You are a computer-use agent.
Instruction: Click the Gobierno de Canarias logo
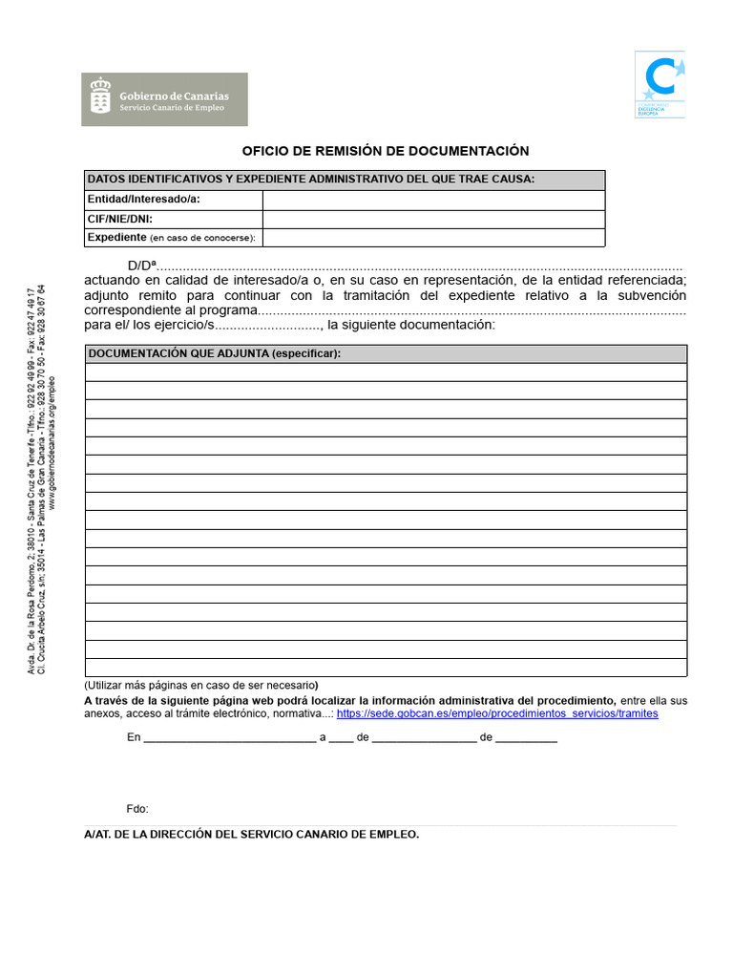[x=165, y=99]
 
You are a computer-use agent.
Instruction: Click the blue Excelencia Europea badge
[x=660, y=84]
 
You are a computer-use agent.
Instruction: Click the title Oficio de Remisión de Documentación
[x=385, y=151]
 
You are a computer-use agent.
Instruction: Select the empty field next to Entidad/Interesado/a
[x=433, y=200]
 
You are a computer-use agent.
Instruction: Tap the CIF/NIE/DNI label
[x=119, y=219]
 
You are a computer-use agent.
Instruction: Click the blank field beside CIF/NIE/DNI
[x=433, y=219]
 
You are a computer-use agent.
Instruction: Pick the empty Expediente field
[x=433, y=237]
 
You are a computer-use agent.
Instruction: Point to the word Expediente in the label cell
[x=116, y=237]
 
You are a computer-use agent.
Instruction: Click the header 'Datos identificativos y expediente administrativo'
[x=311, y=180]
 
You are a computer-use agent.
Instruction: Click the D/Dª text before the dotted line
[x=141, y=266]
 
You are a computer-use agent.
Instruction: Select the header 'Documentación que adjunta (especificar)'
[x=215, y=353]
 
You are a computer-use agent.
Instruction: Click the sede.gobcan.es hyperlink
[x=497, y=713]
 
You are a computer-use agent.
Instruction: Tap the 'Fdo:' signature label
[x=137, y=809]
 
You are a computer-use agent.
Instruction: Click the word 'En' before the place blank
[x=134, y=737]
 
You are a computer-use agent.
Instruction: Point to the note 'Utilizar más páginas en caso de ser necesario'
[x=201, y=685]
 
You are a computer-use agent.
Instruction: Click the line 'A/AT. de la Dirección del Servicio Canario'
[x=252, y=834]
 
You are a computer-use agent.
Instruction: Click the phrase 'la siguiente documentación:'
[x=411, y=325]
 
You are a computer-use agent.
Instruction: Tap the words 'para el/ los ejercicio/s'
[x=149, y=325]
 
